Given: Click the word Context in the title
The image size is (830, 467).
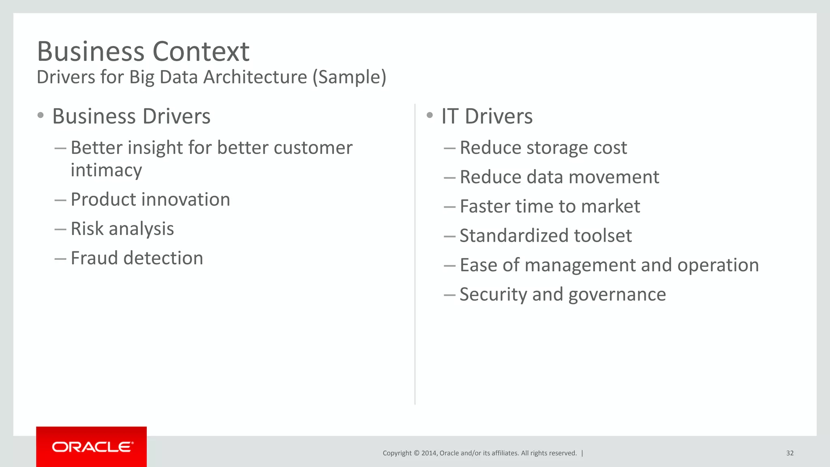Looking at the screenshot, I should click(x=201, y=52).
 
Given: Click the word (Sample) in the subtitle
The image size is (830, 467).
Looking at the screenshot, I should click(x=349, y=77).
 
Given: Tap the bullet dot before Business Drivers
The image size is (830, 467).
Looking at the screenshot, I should click(x=40, y=116).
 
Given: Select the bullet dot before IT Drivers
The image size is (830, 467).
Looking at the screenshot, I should click(x=430, y=116).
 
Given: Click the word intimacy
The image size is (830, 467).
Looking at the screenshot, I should click(x=106, y=170).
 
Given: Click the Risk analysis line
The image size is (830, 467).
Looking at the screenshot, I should click(x=122, y=229).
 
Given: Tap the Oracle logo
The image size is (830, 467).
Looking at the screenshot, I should click(x=92, y=447).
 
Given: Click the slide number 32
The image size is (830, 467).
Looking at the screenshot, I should click(x=789, y=453).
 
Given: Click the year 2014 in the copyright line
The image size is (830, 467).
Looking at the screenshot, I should click(x=429, y=453).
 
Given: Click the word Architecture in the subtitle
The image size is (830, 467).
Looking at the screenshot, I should click(x=255, y=77).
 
